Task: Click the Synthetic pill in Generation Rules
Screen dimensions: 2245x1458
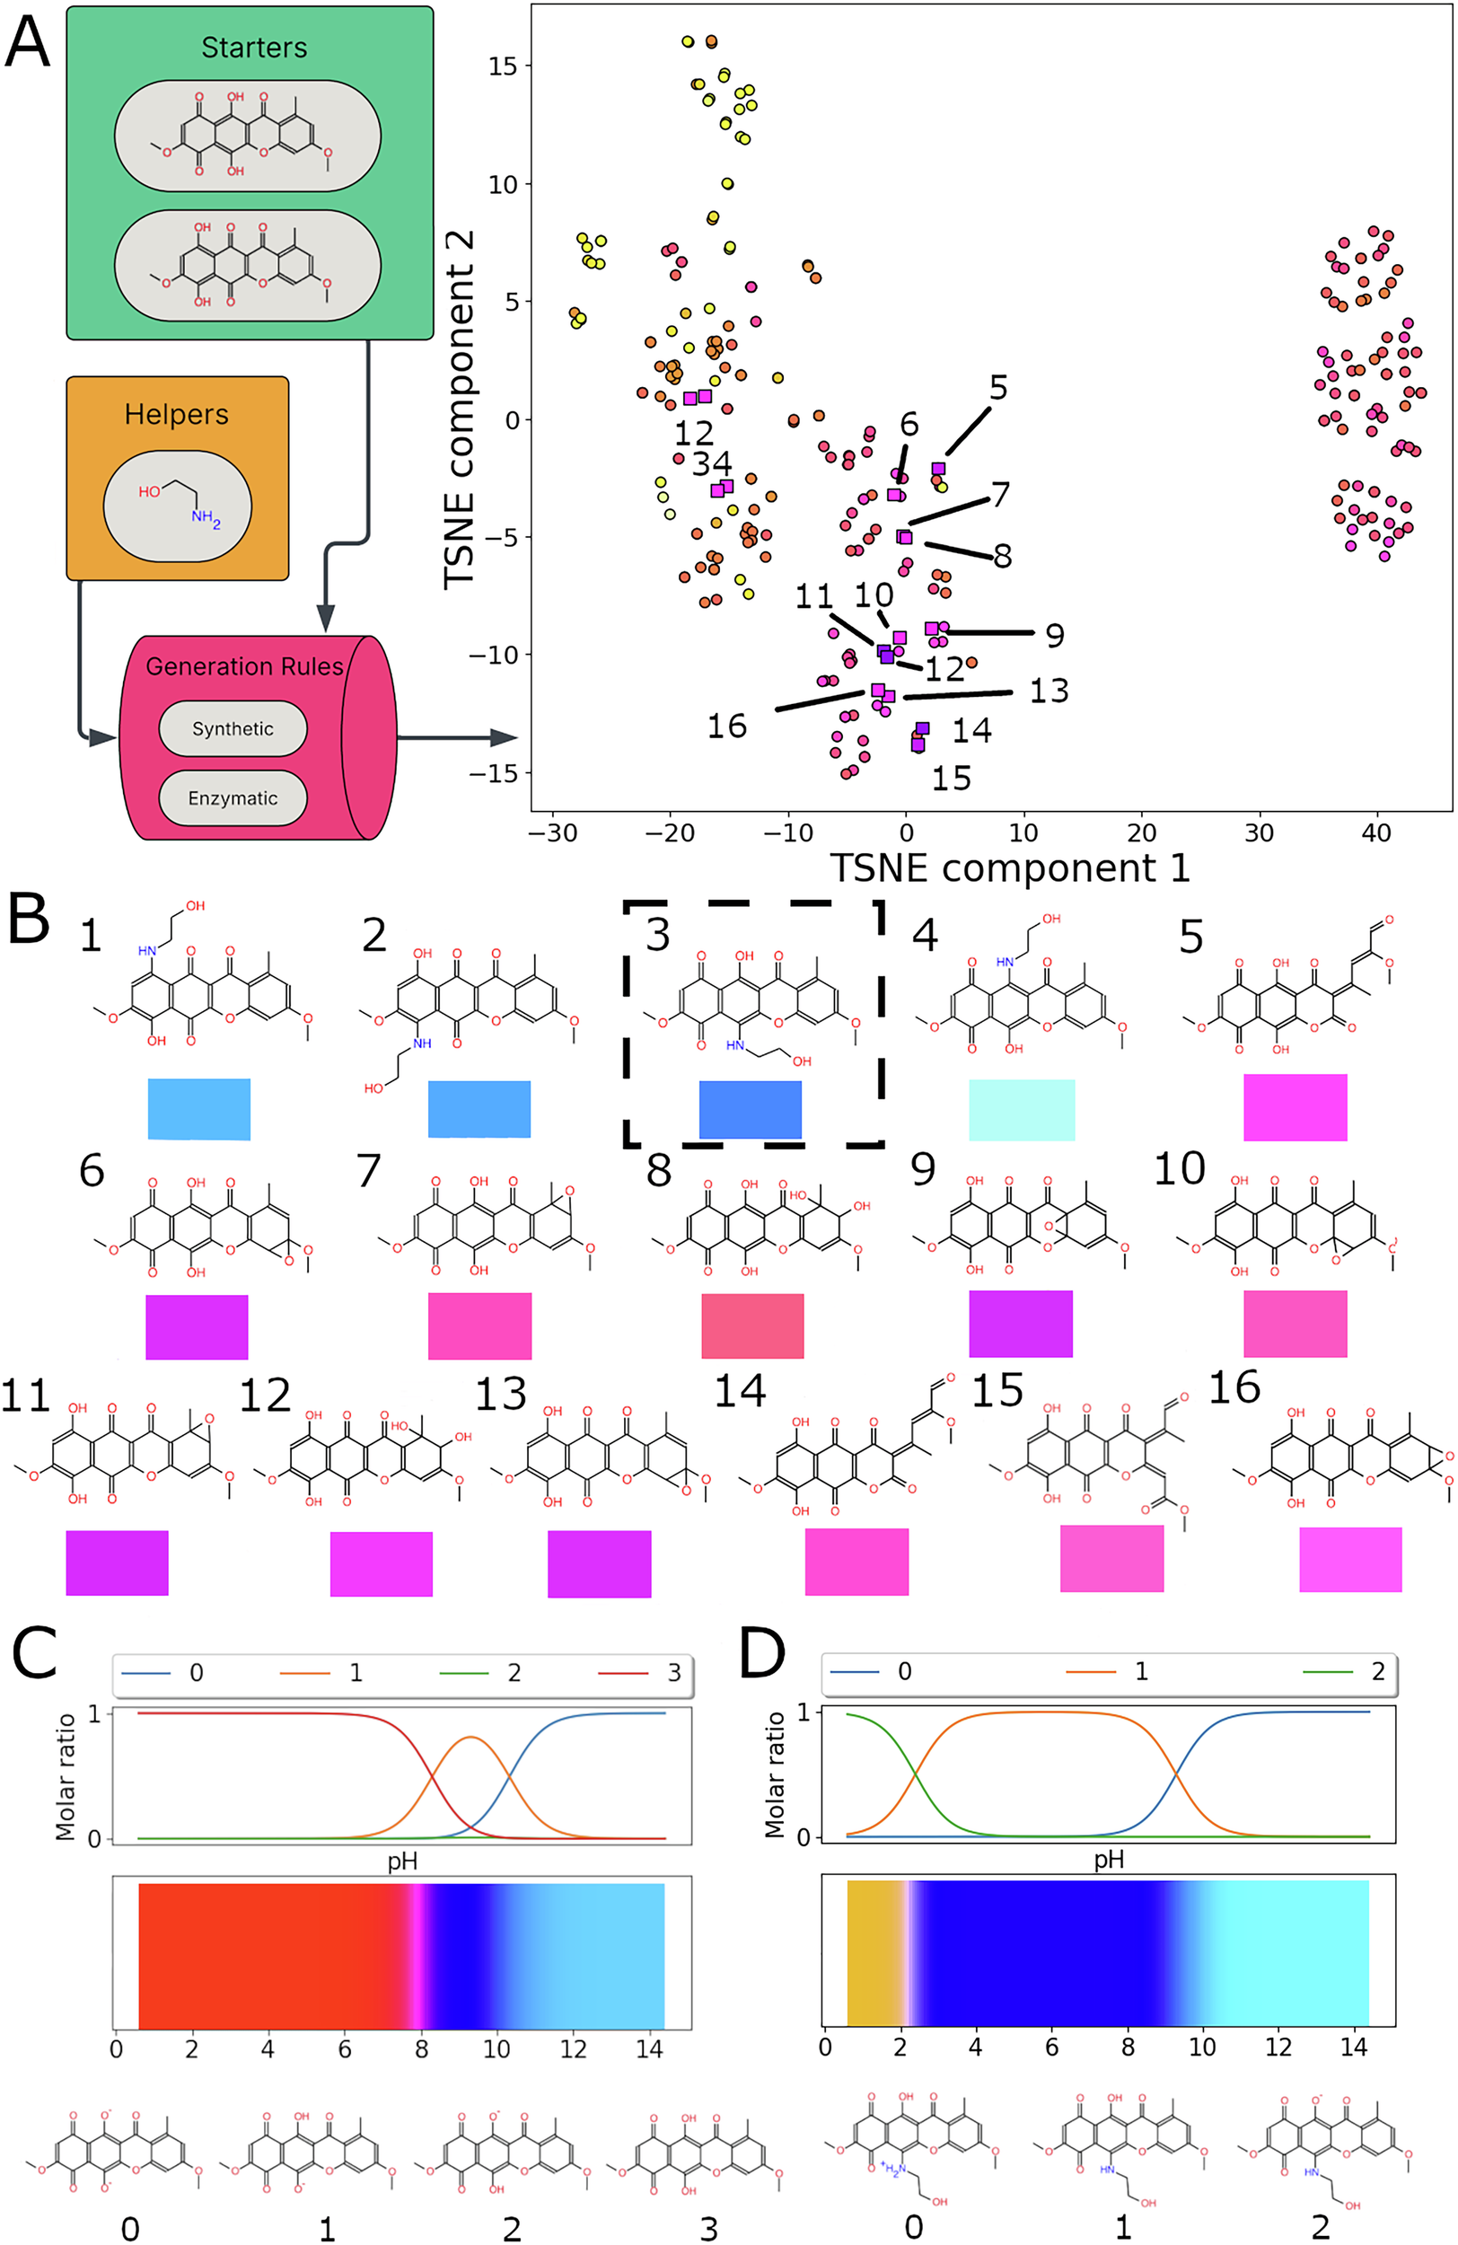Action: click(x=232, y=728)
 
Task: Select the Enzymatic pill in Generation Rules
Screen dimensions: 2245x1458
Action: click(x=232, y=798)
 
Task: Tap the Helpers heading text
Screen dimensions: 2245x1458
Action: click(x=176, y=414)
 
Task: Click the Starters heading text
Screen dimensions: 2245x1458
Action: click(x=254, y=48)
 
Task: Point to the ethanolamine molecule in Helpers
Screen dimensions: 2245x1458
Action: click(x=176, y=506)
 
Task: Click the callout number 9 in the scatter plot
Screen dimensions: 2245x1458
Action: click(x=1054, y=636)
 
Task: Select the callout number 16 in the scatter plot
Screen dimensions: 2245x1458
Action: click(x=726, y=726)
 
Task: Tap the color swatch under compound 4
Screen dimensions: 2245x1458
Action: click(x=1022, y=1109)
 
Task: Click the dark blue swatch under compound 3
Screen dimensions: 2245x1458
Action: click(x=750, y=1109)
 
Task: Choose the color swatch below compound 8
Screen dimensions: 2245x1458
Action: click(x=752, y=1325)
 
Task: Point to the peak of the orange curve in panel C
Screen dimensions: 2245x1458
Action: click(x=471, y=1738)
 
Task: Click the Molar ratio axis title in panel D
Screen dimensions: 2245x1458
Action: click(x=774, y=1775)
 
